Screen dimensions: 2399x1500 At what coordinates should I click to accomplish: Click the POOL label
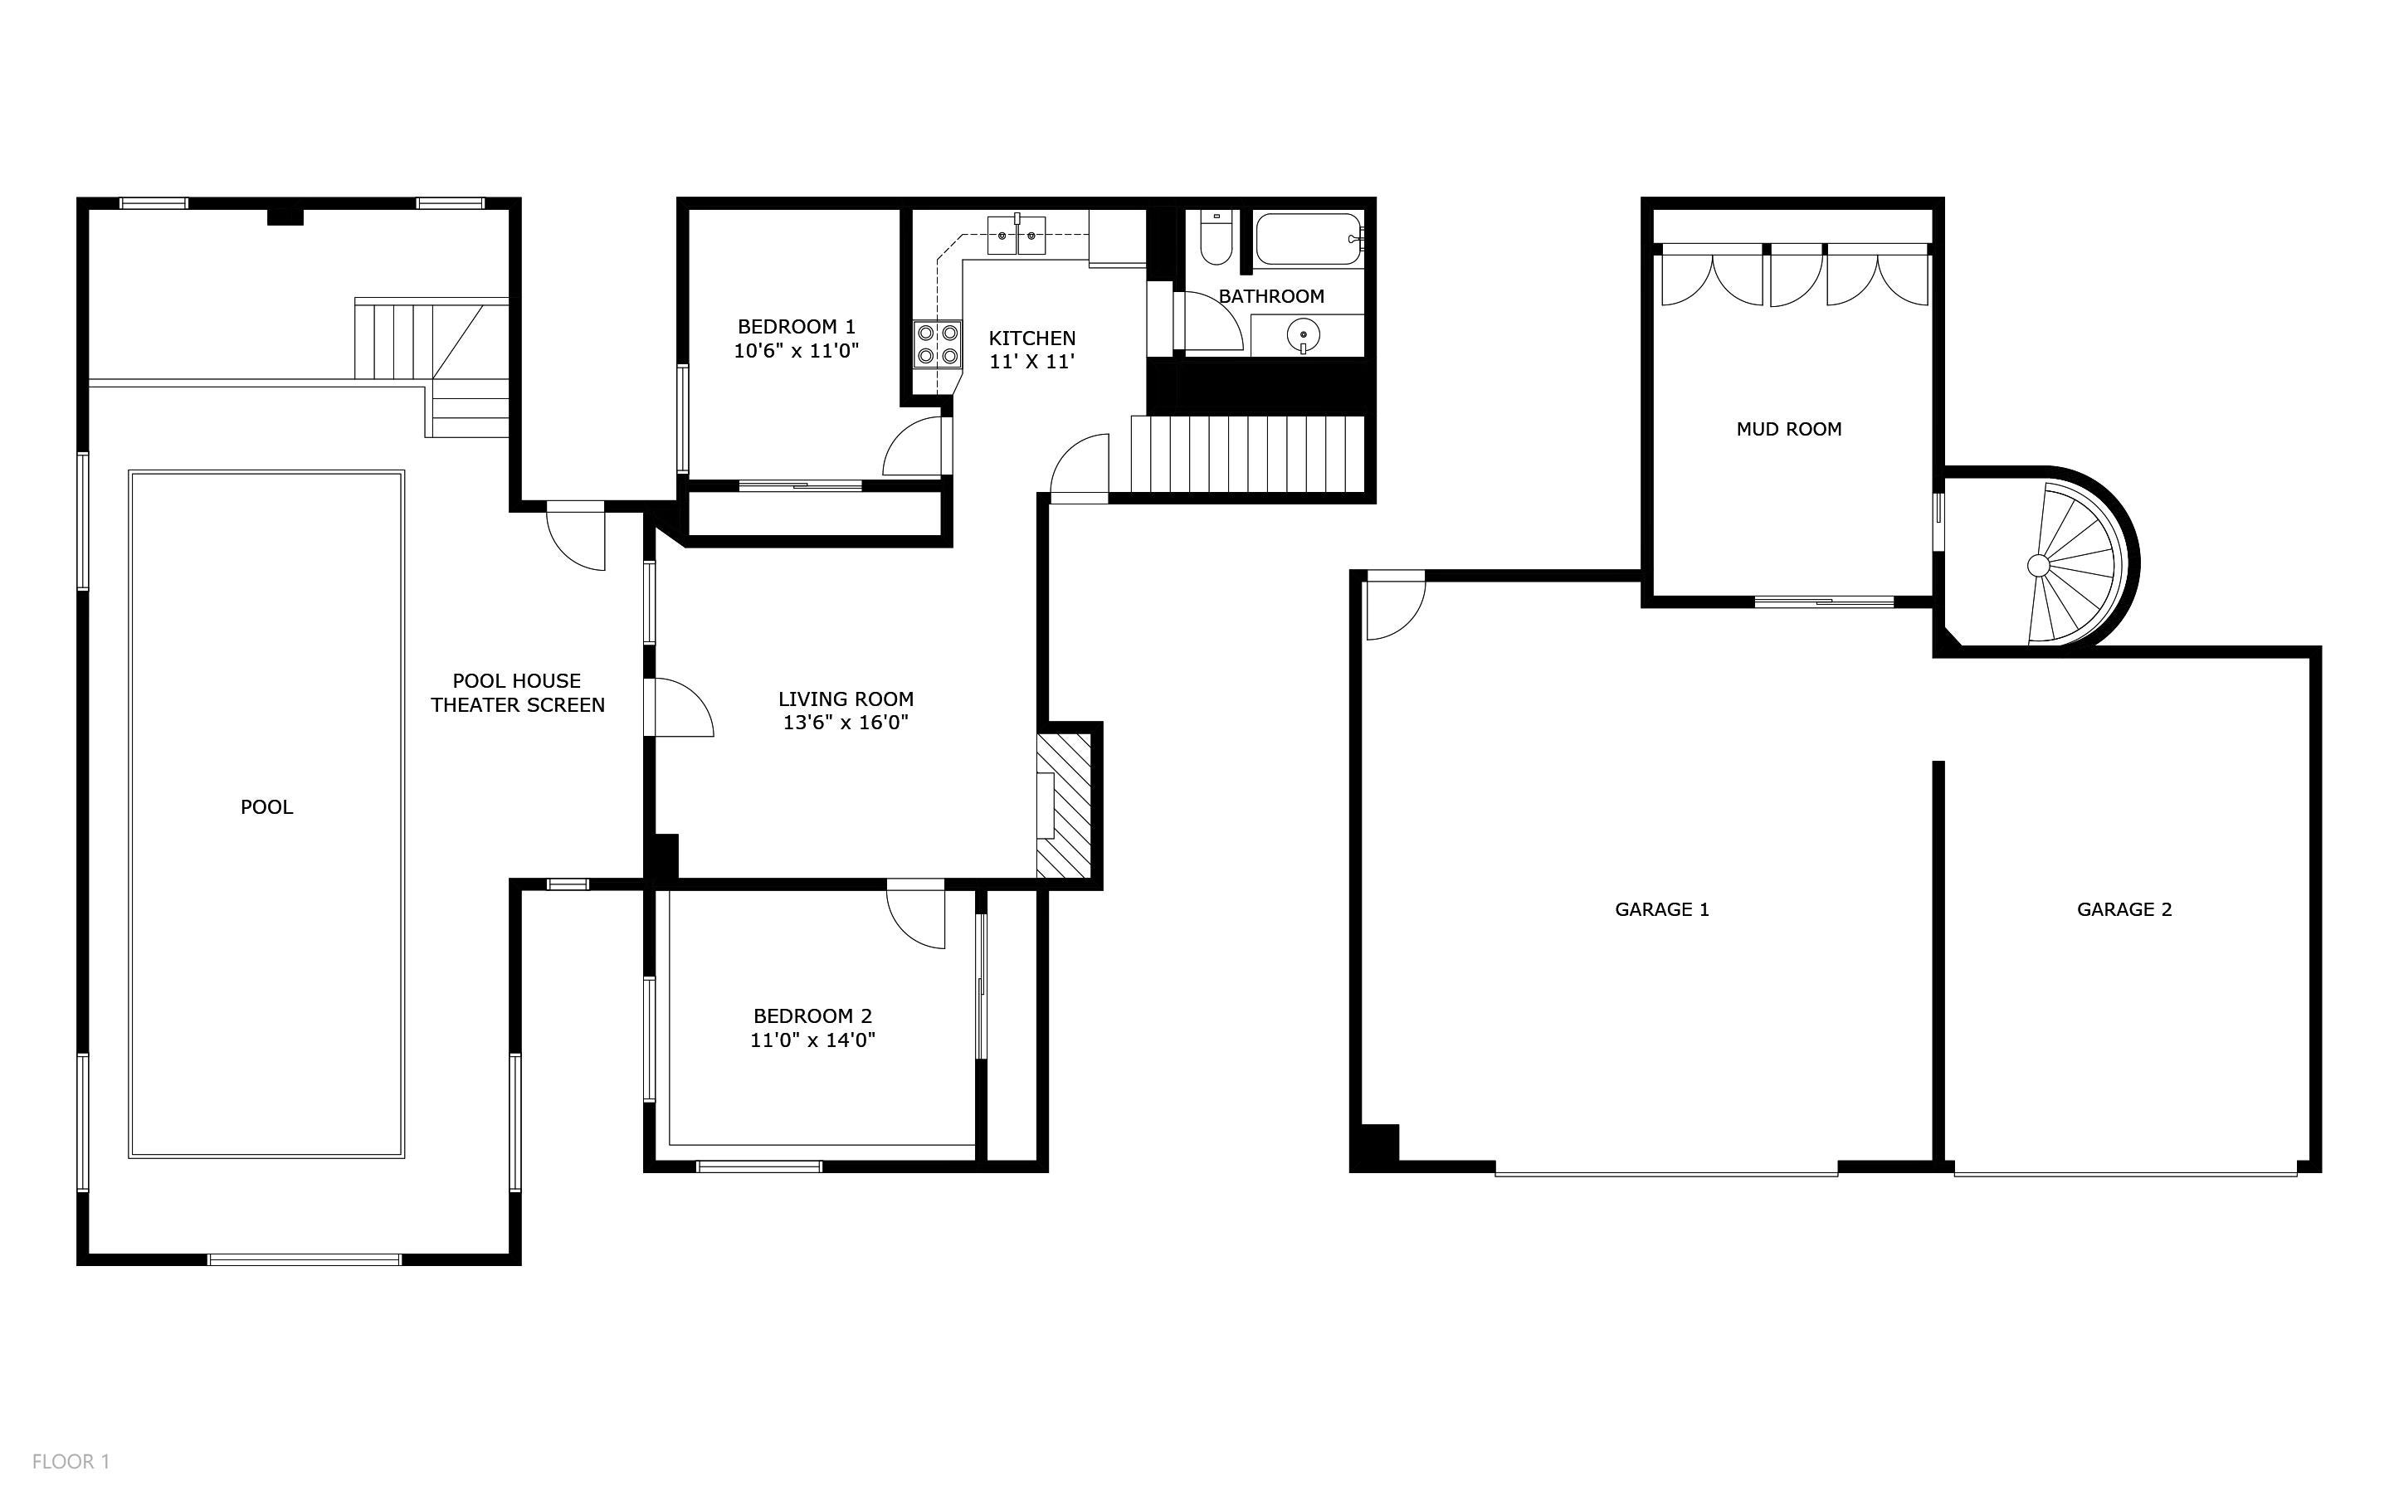[267, 807]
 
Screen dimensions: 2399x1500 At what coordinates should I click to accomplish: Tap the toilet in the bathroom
[1216, 237]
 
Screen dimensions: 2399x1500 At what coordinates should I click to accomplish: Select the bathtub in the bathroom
[1310, 238]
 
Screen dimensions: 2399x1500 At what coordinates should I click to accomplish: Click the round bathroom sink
[1303, 336]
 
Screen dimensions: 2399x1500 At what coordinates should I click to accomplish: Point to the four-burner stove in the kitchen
[938, 344]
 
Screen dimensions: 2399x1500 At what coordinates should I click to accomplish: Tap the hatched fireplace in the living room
[1064, 806]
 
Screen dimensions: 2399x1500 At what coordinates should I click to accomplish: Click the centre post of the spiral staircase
[2038, 566]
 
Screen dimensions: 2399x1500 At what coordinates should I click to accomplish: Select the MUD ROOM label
[1789, 430]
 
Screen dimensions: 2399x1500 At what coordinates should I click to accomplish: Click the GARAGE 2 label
[2124, 910]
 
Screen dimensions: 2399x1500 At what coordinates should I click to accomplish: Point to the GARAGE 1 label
[1662, 910]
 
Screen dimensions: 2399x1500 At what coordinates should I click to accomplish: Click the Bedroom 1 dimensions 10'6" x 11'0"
[796, 350]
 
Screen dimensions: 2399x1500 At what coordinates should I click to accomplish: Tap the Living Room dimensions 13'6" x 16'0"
[846, 723]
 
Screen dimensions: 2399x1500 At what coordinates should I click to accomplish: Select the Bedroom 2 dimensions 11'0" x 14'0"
[812, 1040]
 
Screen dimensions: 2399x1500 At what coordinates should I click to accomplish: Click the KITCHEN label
[1031, 338]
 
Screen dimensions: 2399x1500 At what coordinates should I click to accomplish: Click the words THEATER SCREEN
[518, 705]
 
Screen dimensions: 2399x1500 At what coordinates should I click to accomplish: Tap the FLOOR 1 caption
[71, 1461]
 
